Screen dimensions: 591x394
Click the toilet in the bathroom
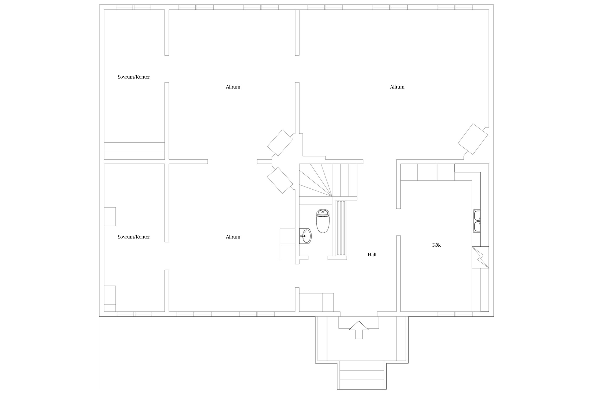(323, 221)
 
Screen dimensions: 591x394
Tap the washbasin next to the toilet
(305, 236)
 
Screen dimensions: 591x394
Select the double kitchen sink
(477, 221)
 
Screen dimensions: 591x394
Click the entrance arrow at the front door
(359, 330)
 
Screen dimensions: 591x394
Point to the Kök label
(436, 245)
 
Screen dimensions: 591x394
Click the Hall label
(372, 255)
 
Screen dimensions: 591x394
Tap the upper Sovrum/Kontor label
(134, 77)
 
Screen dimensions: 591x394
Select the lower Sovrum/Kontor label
(134, 237)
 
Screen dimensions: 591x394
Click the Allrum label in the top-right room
(397, 87)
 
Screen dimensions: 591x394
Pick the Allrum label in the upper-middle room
(233, 87)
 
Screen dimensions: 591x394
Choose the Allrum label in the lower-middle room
(233, 237)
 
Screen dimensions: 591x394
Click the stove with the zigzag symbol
(480, 257)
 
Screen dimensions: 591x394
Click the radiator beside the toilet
(341, 228)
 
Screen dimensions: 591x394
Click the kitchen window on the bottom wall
(455, 314)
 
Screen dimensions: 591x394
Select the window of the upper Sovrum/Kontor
(134, 7)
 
